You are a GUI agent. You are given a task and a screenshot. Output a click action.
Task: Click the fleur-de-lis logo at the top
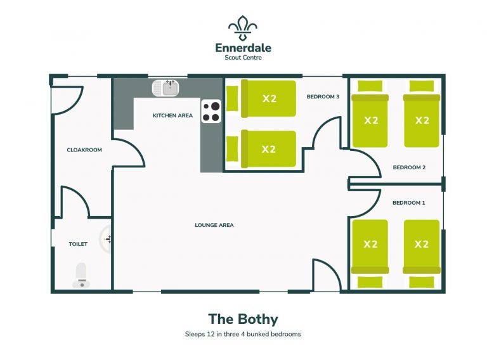[x=243, y=28]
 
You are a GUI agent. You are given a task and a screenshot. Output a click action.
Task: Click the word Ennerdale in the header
[x=243, y=48]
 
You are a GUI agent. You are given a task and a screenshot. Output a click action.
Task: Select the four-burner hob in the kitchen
[x=211, y=112]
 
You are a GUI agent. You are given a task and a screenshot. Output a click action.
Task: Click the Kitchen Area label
[x=172, y=116]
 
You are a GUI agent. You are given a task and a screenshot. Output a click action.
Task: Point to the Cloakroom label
[x=84, y=150]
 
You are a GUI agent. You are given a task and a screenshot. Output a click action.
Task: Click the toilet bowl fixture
[x=81, y=274]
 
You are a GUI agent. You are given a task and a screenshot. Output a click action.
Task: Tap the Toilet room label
[x=78, y=244]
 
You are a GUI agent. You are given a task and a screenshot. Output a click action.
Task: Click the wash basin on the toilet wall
[x=105, y=239]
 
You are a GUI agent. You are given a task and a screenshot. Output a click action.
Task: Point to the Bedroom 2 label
[x=409, y=168]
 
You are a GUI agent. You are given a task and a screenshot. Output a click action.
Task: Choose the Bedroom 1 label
[x=409, y=203]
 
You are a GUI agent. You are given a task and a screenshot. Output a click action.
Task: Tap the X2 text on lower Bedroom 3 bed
[x=269, y=149]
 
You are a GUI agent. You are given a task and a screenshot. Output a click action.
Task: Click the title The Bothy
[x=243, y=319]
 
